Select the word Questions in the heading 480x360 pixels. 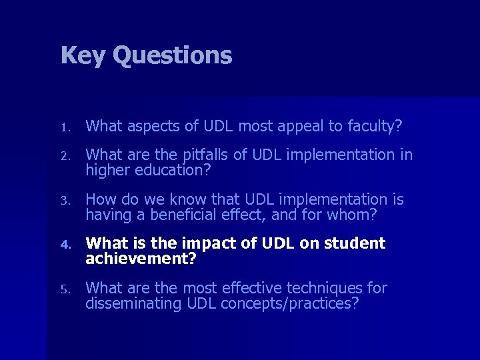[172, 56]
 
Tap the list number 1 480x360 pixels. [64, 126]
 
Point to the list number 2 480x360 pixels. [64, 156]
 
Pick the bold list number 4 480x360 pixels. [65, 245]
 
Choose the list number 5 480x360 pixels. [64, 289]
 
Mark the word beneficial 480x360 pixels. [179, 214]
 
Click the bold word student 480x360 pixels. [355, 243]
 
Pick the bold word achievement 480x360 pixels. [141, 259]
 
